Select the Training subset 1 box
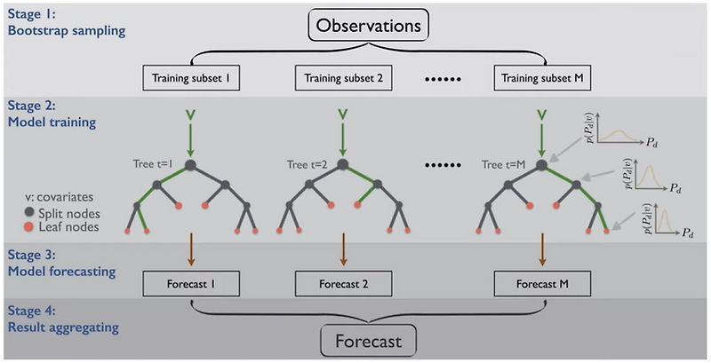click(190, 78)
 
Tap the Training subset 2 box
click(342, 78)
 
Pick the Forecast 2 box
click(342, 286)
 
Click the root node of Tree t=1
click(189, 163)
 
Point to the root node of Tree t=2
click(342, 163)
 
